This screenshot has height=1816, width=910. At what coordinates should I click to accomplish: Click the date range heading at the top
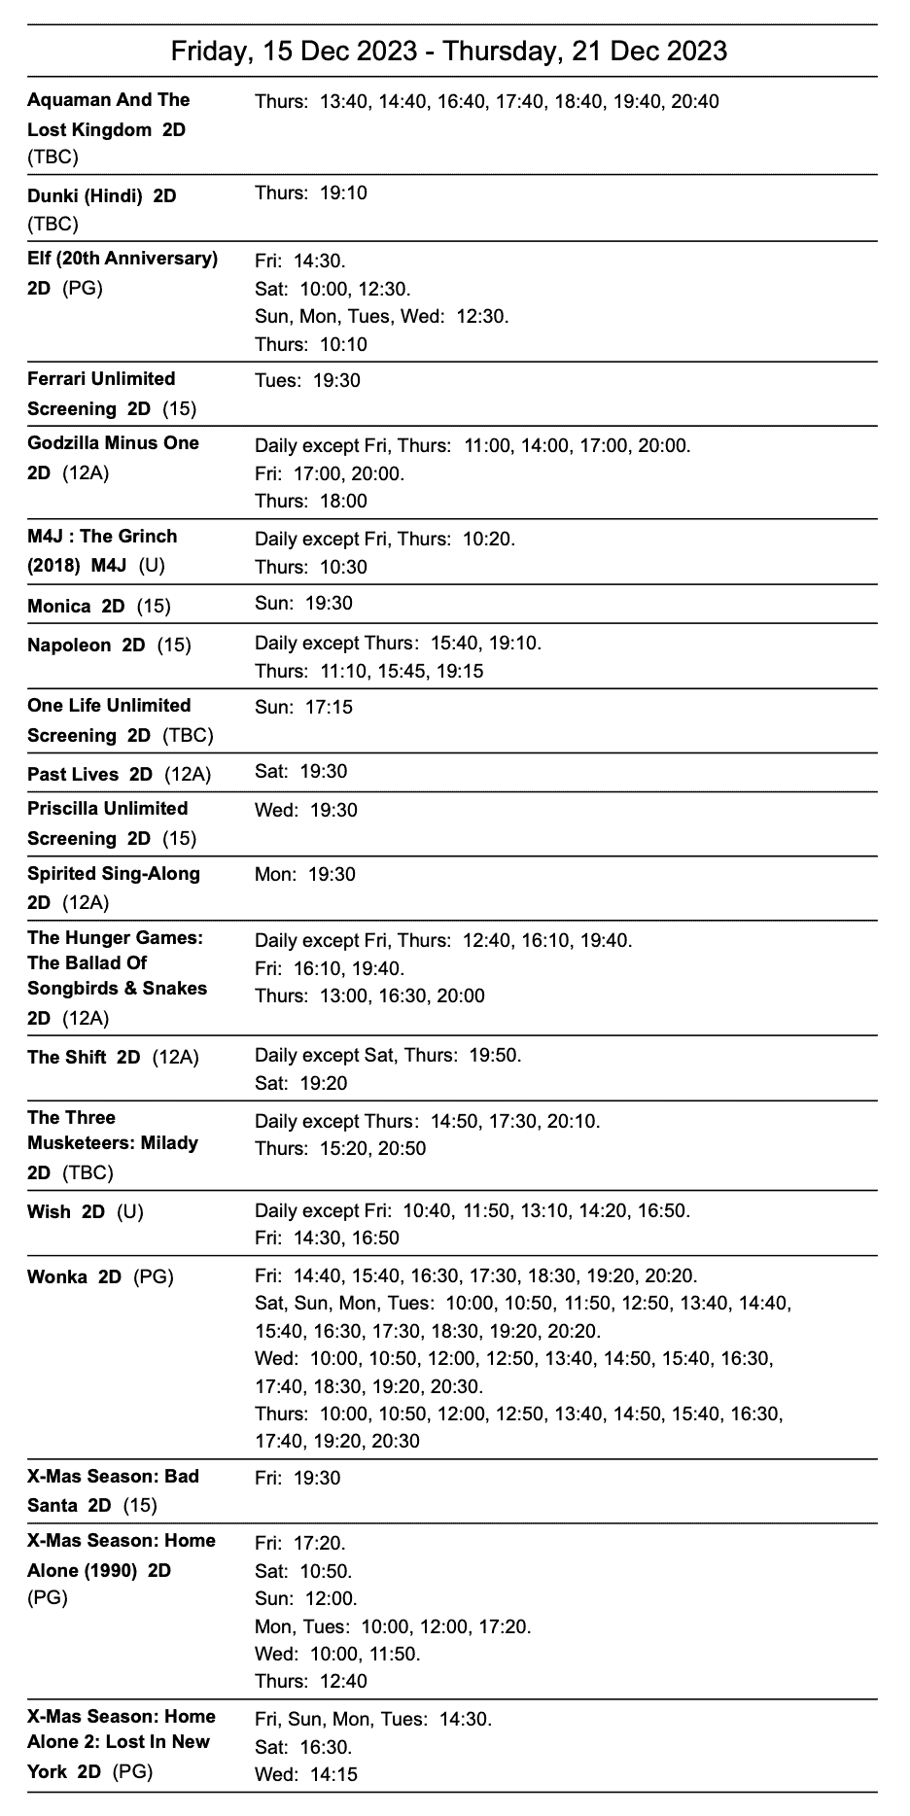click(x=449, y=51)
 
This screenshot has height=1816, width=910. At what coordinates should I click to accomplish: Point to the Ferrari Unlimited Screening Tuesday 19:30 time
click(x=336, y=381)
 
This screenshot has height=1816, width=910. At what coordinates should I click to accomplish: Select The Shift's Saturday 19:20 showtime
click(x=324, y=1084)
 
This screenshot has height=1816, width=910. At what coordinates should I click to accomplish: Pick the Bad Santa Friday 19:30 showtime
click(x=317, y=1479)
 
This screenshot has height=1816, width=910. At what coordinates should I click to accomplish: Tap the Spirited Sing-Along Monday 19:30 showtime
click(x=332, y=875)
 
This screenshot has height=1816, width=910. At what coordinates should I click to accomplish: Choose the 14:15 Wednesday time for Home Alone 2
click(x=333, y=1775)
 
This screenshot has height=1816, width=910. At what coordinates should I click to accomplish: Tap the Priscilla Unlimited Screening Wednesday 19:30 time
click(x=333, y=811)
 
